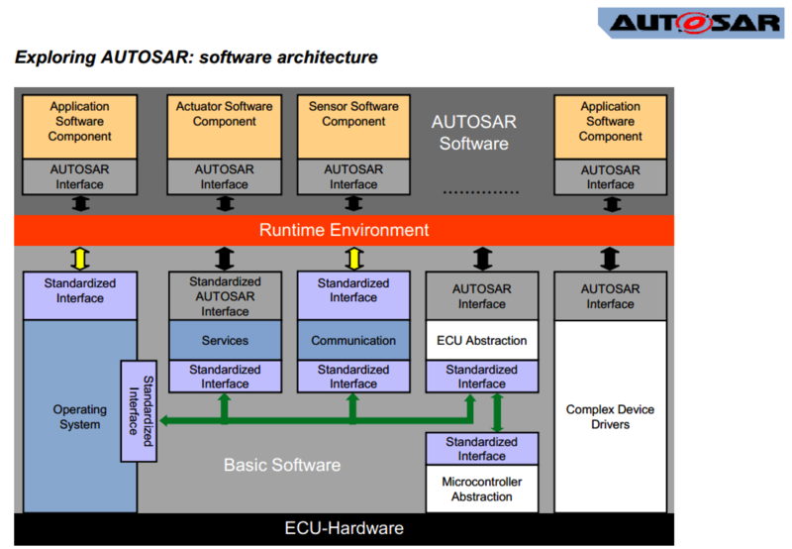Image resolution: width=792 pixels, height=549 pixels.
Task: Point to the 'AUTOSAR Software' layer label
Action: (474, 133)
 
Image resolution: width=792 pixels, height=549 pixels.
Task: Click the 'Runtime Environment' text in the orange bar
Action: (344, 230)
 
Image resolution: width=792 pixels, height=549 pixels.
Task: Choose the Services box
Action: (225, 340)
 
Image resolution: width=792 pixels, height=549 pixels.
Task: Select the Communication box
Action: (353, 340)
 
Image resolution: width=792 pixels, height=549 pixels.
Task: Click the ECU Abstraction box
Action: (482, 340)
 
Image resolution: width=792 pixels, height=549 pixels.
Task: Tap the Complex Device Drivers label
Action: (610, 416)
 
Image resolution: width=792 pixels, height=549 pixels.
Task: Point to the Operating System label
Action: (79, 416)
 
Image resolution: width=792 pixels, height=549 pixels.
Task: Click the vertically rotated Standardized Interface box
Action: (140, 410)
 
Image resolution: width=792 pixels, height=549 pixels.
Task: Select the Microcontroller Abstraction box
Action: (482, 489)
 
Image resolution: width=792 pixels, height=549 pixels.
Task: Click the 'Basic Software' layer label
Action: (281, 465)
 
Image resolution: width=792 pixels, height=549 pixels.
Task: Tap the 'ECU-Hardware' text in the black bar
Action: (344, 528)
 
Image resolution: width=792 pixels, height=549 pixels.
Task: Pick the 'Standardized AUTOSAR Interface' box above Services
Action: (225, 296)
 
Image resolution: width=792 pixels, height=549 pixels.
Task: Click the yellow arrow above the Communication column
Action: (353, 258)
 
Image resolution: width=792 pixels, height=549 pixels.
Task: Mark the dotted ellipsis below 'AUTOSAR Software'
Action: (480, 191)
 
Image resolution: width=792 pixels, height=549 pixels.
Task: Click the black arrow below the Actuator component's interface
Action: (225, 203)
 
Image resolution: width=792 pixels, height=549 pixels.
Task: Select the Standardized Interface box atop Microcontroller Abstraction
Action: (482, 449)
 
